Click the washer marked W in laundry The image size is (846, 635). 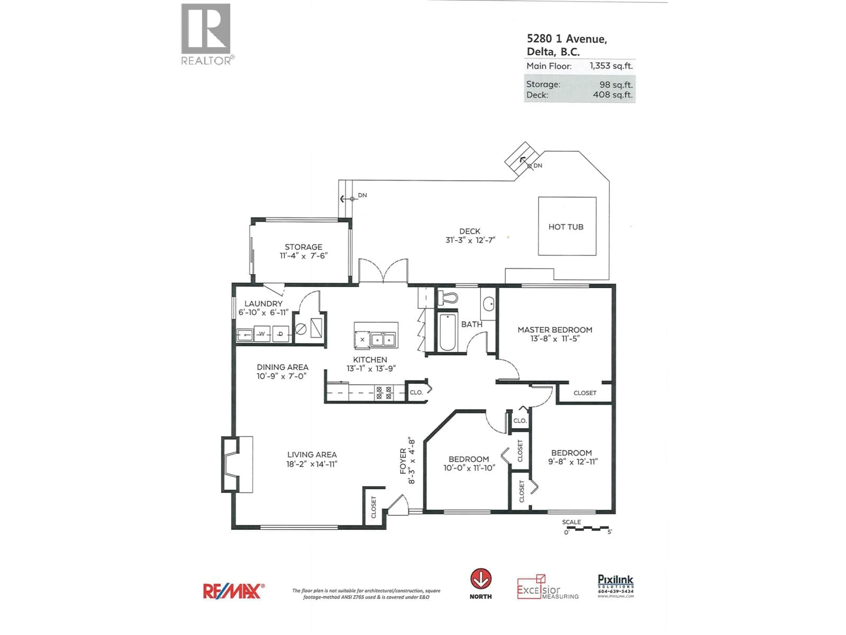[x=262, y=334]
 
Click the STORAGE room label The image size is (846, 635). [x=303, y=247]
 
